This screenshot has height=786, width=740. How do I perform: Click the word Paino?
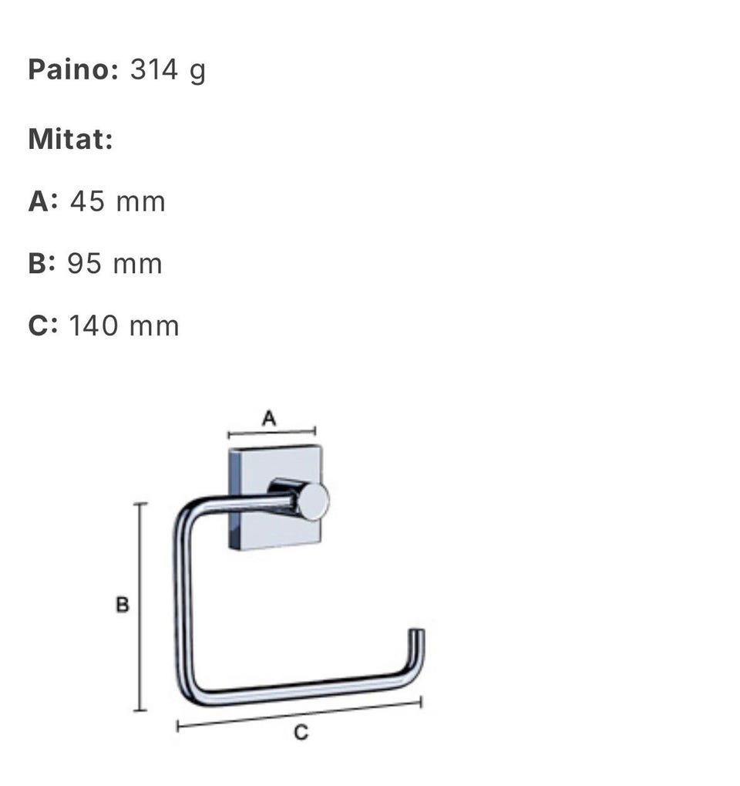click(72, 69)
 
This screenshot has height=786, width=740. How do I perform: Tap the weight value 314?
click(154, 69)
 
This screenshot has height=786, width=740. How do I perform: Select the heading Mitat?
click(71, 139)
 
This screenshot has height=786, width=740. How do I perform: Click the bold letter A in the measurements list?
click(39, 201)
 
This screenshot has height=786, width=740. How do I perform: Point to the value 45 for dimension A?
click(87, 201)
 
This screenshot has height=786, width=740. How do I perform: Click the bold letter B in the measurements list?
click(38, 263)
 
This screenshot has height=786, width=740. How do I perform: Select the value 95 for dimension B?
click(85, 263)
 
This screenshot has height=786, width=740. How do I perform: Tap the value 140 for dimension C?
click(93, 326)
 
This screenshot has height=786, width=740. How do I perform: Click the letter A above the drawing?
click(269, 417)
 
